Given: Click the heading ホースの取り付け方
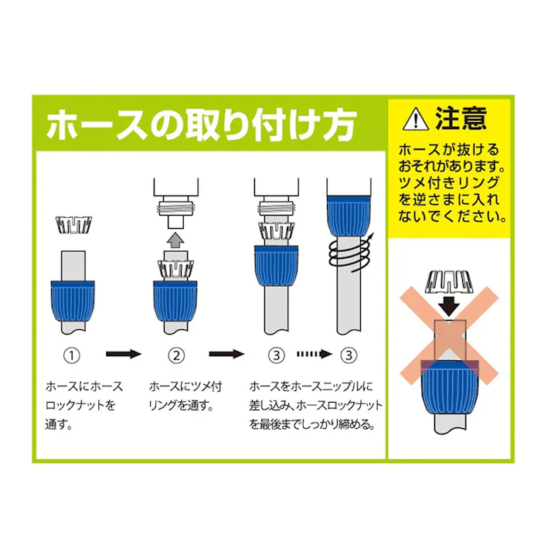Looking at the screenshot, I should click(201, 125).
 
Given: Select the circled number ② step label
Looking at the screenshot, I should click(176, 355).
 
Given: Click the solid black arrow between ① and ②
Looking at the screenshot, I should click(123, 355).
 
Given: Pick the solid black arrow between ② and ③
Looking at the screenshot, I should click(227, 355).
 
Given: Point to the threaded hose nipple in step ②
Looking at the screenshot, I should click(175, 209).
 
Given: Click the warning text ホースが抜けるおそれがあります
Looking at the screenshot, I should click(449, 158).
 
